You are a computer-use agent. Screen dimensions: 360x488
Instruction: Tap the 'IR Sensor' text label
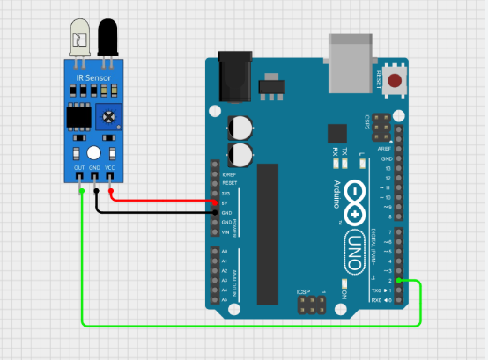92,77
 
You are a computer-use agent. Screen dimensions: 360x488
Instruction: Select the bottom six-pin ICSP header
309,305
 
